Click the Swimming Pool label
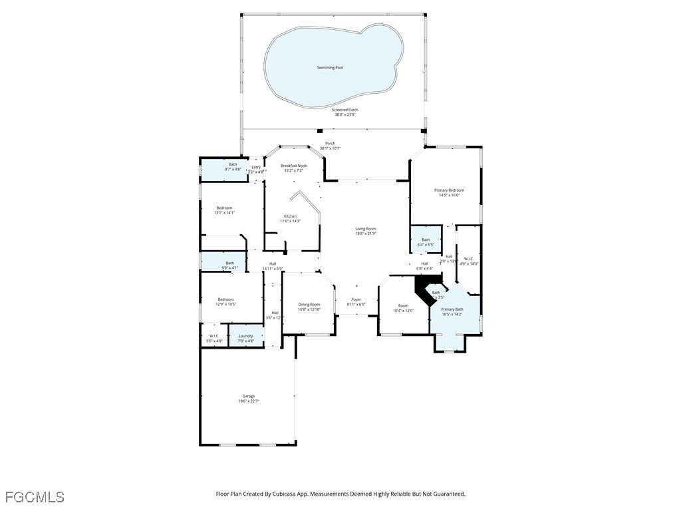click(x=330, y=68)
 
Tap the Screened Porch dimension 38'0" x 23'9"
click(x=344, y=114)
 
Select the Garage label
click(x=248, y=396)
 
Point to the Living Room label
click(x=365, y=229)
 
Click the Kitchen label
click(x=291, y=216)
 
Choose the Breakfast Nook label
click(x=293, y=166)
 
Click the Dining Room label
click(x=309, y=305)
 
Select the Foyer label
click(x=356, y=299)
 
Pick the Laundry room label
click(x=245, y=336)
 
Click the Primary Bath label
click(x=452, y=309)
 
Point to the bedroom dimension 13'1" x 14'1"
click(x=224, y=213)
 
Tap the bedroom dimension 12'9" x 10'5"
click(x=226, y=304)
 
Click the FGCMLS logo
click(x=35, y=497)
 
